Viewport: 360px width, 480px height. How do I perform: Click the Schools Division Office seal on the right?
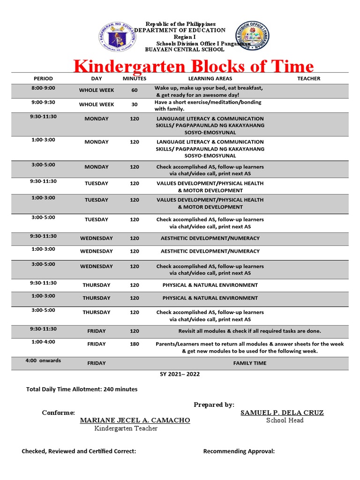(255, 37)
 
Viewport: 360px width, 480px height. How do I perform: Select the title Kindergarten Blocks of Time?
(194, 66)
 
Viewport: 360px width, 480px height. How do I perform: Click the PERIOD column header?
(43, 79)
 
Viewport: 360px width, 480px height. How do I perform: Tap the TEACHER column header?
(308, 79)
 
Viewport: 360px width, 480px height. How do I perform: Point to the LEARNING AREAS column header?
(210, 79)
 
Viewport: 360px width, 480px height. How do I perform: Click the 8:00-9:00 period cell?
(43, 88)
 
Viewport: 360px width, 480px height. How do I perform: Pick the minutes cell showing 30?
(135, 105)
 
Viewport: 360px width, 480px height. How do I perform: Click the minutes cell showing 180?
(135, 344)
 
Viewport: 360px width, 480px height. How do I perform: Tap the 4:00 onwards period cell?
(43, 361)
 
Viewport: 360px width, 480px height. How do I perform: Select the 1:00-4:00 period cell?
(43, 342)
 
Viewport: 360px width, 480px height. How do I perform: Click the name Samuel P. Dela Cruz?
(282, 412)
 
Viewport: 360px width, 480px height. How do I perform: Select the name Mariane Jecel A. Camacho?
(135, 420)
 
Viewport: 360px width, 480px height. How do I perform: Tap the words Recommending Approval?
(239, 451)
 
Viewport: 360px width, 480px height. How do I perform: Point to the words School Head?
(285, 420)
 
